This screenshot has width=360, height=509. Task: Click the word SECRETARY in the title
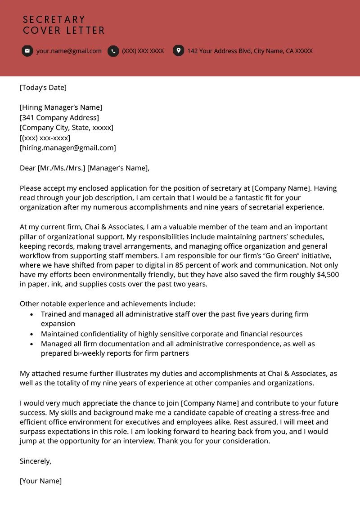tap(54, 20)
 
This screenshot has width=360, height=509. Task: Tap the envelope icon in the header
tap(27, 51)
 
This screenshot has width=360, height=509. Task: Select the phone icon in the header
tap(113, 51)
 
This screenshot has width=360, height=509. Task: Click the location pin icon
tap(179, 51)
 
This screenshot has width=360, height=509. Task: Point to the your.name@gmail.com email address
tap(69, 51)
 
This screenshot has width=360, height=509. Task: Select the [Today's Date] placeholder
tap(43, 87)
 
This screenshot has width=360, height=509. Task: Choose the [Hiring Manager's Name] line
tap(61, 107)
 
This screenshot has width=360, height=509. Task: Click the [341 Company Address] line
tap(59, 117)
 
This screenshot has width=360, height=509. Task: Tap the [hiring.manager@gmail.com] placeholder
tap(67, 147)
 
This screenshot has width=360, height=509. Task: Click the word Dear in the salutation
tap(27, 168)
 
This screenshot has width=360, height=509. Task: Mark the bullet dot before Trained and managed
tap(31, 315)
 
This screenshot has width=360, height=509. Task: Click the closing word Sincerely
tap(36, 461)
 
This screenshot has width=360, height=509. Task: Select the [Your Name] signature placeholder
tap(40, 481)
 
